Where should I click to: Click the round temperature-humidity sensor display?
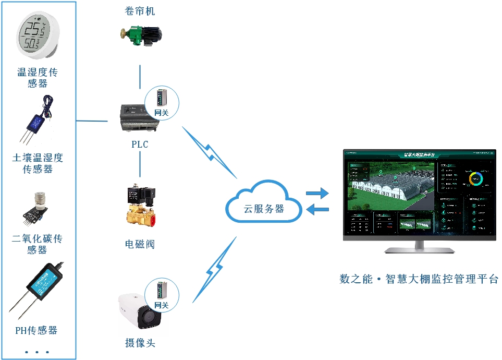(37, 36)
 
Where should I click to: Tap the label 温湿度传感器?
(38, 78)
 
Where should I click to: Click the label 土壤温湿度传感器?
(38, 163)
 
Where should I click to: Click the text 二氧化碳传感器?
(38, 244)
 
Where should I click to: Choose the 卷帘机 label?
(140, 11)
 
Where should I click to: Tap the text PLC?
(140, 145)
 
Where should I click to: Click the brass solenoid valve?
(139, 207)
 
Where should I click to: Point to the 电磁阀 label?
(140, 244)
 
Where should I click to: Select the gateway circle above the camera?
(162, 295)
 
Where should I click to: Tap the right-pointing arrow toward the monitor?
(317, 194)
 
